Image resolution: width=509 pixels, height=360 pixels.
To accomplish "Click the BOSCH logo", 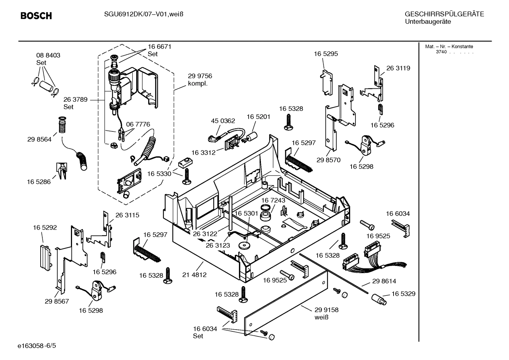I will pos(36,16).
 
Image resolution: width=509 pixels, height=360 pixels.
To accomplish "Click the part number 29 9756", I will pos(200,76).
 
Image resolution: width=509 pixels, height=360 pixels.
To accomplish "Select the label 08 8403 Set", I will pos(48,59).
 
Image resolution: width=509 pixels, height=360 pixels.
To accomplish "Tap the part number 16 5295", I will pos(326,54).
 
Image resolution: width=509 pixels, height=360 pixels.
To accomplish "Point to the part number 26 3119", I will pos(398,68).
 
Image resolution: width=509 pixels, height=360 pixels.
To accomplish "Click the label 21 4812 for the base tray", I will pos(194,275).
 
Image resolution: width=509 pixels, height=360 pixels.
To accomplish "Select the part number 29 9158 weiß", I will pos(327,313).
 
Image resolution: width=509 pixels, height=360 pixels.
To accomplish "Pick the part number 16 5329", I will pos(403,294).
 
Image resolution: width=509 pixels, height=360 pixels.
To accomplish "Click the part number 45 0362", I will pos(223,121).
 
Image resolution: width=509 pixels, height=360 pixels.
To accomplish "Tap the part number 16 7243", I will pos(273,200).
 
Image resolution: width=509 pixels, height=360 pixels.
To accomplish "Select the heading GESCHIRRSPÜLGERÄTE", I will pos(444,14).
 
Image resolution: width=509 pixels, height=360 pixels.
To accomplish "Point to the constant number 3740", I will pos(441,52).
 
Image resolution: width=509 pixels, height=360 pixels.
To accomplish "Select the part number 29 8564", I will pos(39,139).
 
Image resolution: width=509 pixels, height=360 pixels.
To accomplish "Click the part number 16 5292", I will pos(45,228).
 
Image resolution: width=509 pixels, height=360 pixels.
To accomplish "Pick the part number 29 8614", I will pos(384,281).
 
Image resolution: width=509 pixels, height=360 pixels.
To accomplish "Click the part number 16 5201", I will pos(258,117).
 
